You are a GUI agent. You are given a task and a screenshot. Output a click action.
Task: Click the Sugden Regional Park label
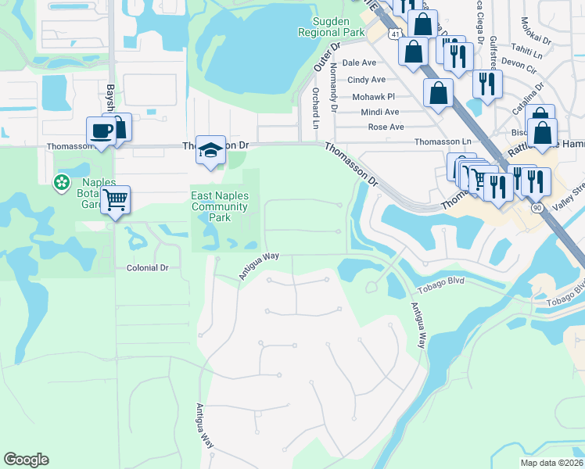[x=332, y=27]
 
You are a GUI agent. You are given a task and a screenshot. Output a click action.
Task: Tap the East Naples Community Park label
[x=220, y=206]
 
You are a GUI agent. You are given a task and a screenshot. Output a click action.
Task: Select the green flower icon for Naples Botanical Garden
[x=61, y=183]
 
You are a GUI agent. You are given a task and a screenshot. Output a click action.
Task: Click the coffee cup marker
[x=102, y=131]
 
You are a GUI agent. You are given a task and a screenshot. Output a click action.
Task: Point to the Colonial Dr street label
[x=148, y=267]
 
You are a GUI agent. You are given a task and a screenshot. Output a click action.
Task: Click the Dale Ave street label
[x=359, y=63]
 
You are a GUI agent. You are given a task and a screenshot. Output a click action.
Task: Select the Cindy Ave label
[x=366, y=80]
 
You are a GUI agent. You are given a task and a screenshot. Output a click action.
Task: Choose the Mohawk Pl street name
[x=373, y=96]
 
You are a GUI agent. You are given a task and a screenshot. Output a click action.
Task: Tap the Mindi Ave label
[x=380, y=112]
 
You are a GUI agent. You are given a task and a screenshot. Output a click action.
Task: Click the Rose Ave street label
[x=386, y=127]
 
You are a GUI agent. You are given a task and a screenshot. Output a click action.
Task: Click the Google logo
[x=26, y=460]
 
